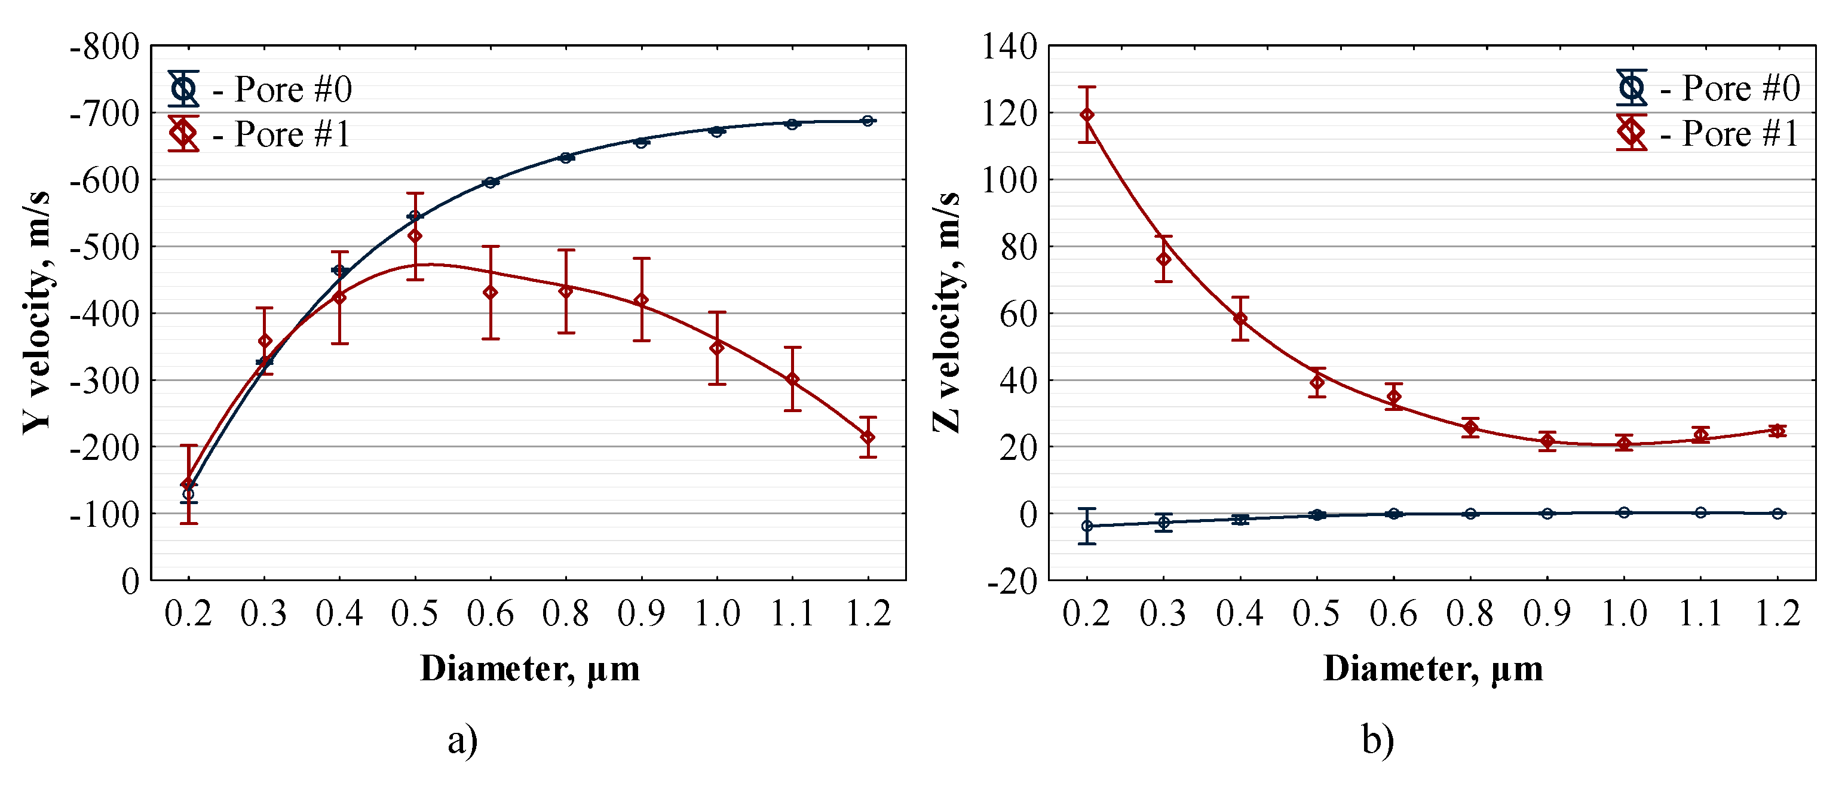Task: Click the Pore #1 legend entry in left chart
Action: [259, 134]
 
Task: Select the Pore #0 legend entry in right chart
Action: [1708, 89]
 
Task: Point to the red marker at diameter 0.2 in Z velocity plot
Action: [1087, 115]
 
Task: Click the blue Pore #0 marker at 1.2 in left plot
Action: [868, 121]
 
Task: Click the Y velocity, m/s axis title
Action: [36, 312]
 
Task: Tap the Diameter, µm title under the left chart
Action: [529, 669]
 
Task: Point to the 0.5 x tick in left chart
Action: [414, 613]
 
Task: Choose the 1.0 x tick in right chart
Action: [1624, 613]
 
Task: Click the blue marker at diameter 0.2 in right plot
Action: [1087, 526]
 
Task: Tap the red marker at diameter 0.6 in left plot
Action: [491, 292]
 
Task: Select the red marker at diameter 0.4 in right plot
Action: [1240, 319]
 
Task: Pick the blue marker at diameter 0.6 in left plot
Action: [491, 183]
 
